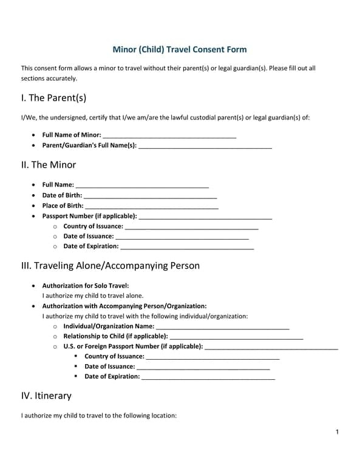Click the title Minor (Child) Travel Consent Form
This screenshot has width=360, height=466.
[x=180, y=50]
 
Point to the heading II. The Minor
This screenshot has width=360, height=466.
[x=49, y=164]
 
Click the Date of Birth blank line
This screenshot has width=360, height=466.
[x=150, y=196]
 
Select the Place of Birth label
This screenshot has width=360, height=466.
[x=63, y=206]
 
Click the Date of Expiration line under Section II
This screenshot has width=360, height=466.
[x=187, y=247]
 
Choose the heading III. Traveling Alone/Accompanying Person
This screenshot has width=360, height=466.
[x=110, y=266]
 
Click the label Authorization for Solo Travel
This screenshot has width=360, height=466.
[x=86, y=285]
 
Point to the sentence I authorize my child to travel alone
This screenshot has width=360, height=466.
[x=93, y=295]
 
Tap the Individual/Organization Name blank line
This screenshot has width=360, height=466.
[x=223, y=327]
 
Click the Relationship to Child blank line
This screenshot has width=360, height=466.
[x=236, y=337]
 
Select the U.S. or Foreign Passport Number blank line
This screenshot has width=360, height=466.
[x=271, y=347]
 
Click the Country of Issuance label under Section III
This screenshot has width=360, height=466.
[x=114, y=357]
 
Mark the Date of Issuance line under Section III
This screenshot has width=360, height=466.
[x=203, y=367]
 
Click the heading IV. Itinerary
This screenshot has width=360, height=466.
[x=46, y=396]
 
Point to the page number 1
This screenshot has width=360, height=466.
[x=337, y=432]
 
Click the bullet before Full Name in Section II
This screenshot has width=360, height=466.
[x=33, y=185]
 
